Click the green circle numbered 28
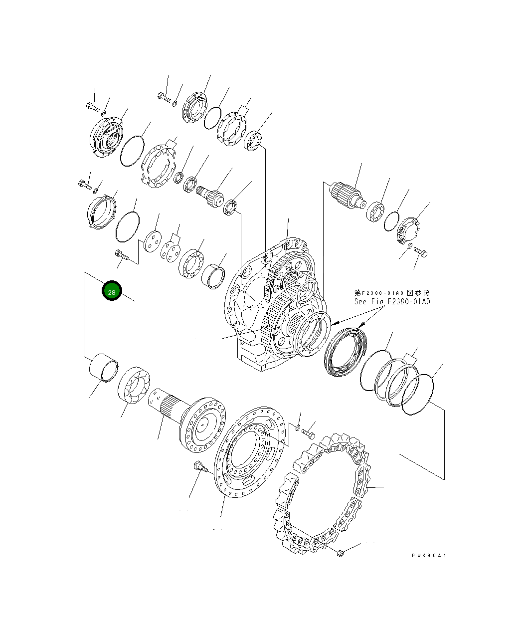112,290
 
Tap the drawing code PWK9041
429,556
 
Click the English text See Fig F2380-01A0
392,301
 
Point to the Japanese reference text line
392,293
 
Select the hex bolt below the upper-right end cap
421,252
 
